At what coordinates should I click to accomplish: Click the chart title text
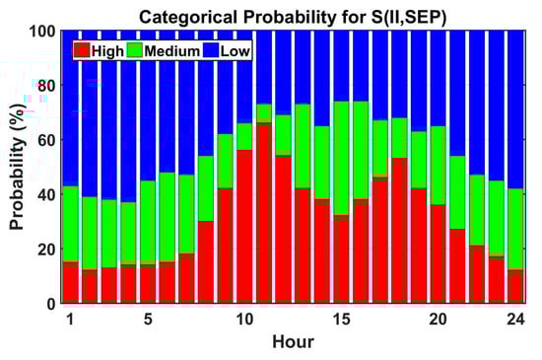point(293,17)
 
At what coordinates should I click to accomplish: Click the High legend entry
point(99,51)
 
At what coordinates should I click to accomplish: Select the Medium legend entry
point(164,51)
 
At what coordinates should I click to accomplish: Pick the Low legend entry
point(226,51)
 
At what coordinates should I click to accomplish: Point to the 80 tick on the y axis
point(46,86)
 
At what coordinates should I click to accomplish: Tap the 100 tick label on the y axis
point(42,32)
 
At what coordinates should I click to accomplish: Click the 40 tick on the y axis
point(46,194)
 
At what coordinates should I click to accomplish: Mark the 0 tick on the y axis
point(51,304)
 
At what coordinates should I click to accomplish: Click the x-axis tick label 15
point(342,320)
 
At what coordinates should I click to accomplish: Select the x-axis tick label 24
point(516,320)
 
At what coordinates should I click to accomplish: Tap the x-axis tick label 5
point(148,320)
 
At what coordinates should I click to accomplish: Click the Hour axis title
point(293,341)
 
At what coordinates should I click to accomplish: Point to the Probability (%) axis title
point(17,167)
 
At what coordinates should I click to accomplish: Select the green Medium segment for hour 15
point(342,158)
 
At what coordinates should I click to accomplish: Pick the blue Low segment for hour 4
point(128,116)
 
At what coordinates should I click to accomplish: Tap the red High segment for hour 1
point(71,282)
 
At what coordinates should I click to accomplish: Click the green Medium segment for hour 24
point(515,229)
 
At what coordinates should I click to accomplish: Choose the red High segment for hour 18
point(399,231)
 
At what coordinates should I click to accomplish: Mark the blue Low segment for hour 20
point(439,79)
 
